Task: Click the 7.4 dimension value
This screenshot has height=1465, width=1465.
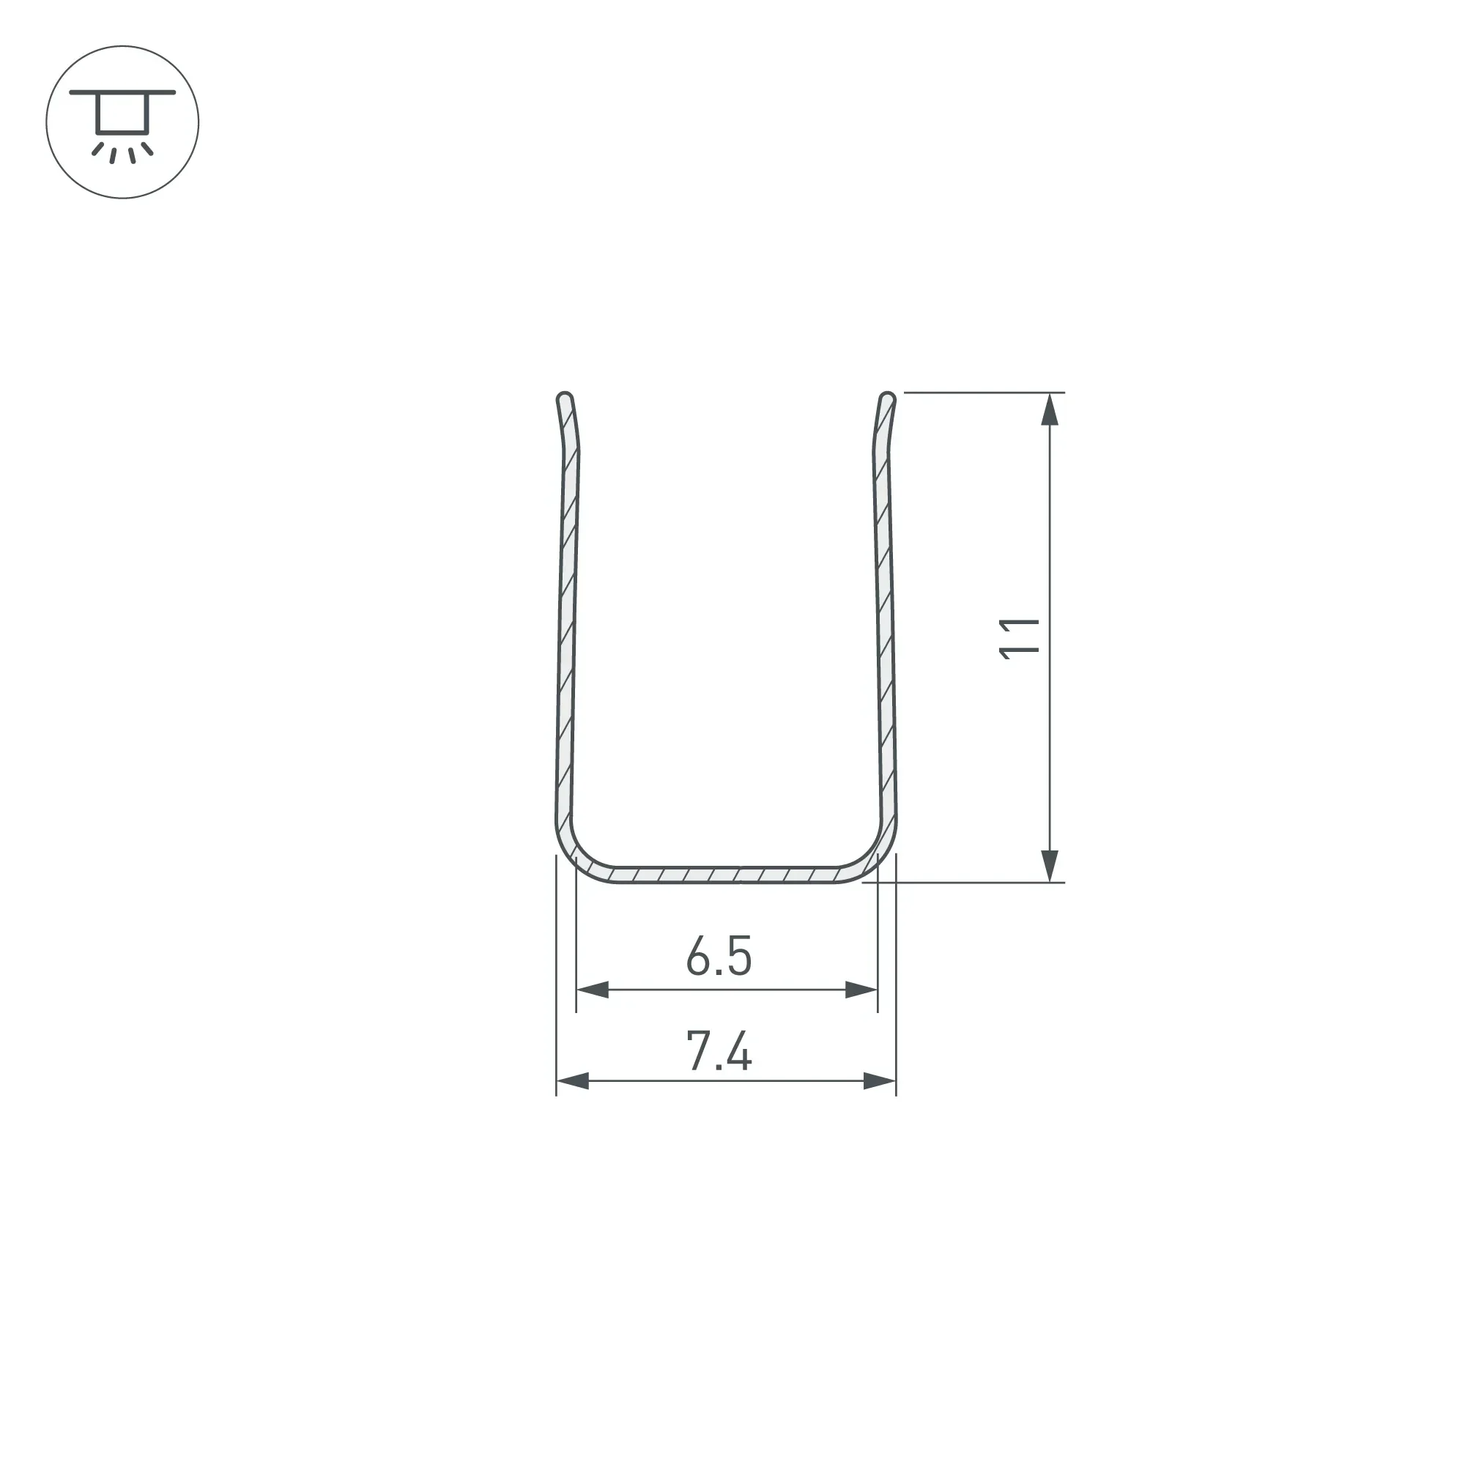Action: [x=719, y=1050]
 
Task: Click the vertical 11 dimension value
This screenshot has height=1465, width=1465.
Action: [x=1019, y=639]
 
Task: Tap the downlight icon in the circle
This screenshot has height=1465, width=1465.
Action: [x=122, y=122]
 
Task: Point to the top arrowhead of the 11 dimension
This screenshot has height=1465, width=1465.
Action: [x=1050, y=409]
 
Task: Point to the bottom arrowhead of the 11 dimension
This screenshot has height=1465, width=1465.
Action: [x=1050, y=866]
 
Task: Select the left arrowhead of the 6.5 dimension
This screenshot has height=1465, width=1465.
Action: [x=592, y=990]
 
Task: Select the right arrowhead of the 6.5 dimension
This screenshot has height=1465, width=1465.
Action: [x=861, y=990]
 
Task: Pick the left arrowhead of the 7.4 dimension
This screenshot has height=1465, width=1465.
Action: [x=573, y=1081]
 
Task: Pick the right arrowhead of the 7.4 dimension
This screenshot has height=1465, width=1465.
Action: [x=880, y=1081]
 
